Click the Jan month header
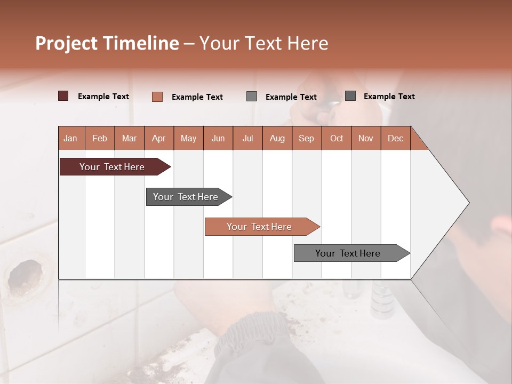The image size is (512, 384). point(71,138)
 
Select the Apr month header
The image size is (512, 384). point(159,138)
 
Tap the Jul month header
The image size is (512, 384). point(247,138)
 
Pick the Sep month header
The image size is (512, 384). point(306,138)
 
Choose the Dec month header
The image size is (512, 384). point(395,138)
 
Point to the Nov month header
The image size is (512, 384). point(366,138)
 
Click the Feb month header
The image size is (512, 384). point(100,138)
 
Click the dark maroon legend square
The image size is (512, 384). point(63,96)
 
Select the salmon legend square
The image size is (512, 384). point(157,97)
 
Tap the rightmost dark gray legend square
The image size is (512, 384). point(350,96)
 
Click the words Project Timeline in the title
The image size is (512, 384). point(107,43)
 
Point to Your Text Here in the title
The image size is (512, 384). point(263,43)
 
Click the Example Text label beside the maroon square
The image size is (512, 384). point(103,97)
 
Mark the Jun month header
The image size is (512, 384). point(218,138)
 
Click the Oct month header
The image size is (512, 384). point(337,138)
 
